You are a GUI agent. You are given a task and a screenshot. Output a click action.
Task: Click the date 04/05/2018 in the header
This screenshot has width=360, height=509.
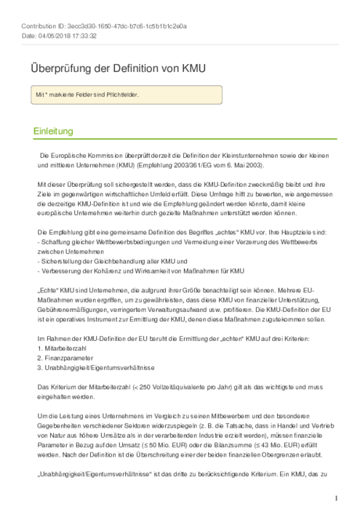pos(57,36)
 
